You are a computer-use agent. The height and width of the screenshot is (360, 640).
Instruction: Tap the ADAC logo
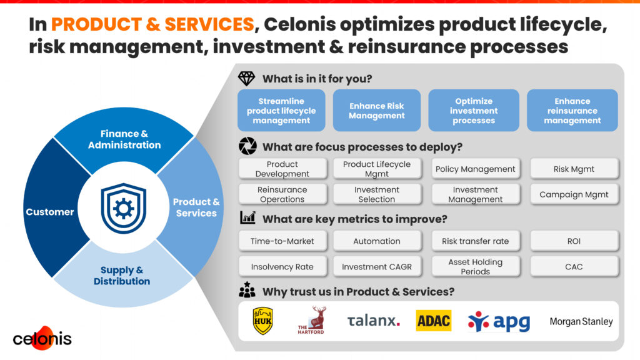433,321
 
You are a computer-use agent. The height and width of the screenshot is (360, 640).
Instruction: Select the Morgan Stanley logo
581,322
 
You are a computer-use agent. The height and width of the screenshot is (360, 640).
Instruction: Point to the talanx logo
373,321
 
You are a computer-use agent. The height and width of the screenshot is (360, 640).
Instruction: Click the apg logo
499,321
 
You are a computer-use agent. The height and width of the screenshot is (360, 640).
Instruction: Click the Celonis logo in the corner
42,337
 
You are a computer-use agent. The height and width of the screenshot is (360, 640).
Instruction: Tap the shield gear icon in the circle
123,207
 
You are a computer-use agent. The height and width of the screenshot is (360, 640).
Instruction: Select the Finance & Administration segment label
124,139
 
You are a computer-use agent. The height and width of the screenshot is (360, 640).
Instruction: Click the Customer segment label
50,212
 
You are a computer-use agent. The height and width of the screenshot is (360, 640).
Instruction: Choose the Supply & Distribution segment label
122,276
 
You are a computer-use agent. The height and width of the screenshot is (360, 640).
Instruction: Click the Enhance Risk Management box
376,111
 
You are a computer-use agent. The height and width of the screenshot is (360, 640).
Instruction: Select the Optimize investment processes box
474,111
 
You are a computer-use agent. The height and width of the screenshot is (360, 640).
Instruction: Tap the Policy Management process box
475,169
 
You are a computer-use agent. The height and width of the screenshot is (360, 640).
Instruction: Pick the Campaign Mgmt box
574,194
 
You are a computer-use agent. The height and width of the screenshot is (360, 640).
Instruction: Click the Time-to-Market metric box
282,241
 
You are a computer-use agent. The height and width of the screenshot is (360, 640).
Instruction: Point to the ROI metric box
574,241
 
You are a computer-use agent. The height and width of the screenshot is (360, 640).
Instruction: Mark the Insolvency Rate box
282,267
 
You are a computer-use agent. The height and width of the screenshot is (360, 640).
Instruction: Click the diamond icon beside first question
247,79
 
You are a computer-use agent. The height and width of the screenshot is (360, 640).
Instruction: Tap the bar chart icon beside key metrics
247,218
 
